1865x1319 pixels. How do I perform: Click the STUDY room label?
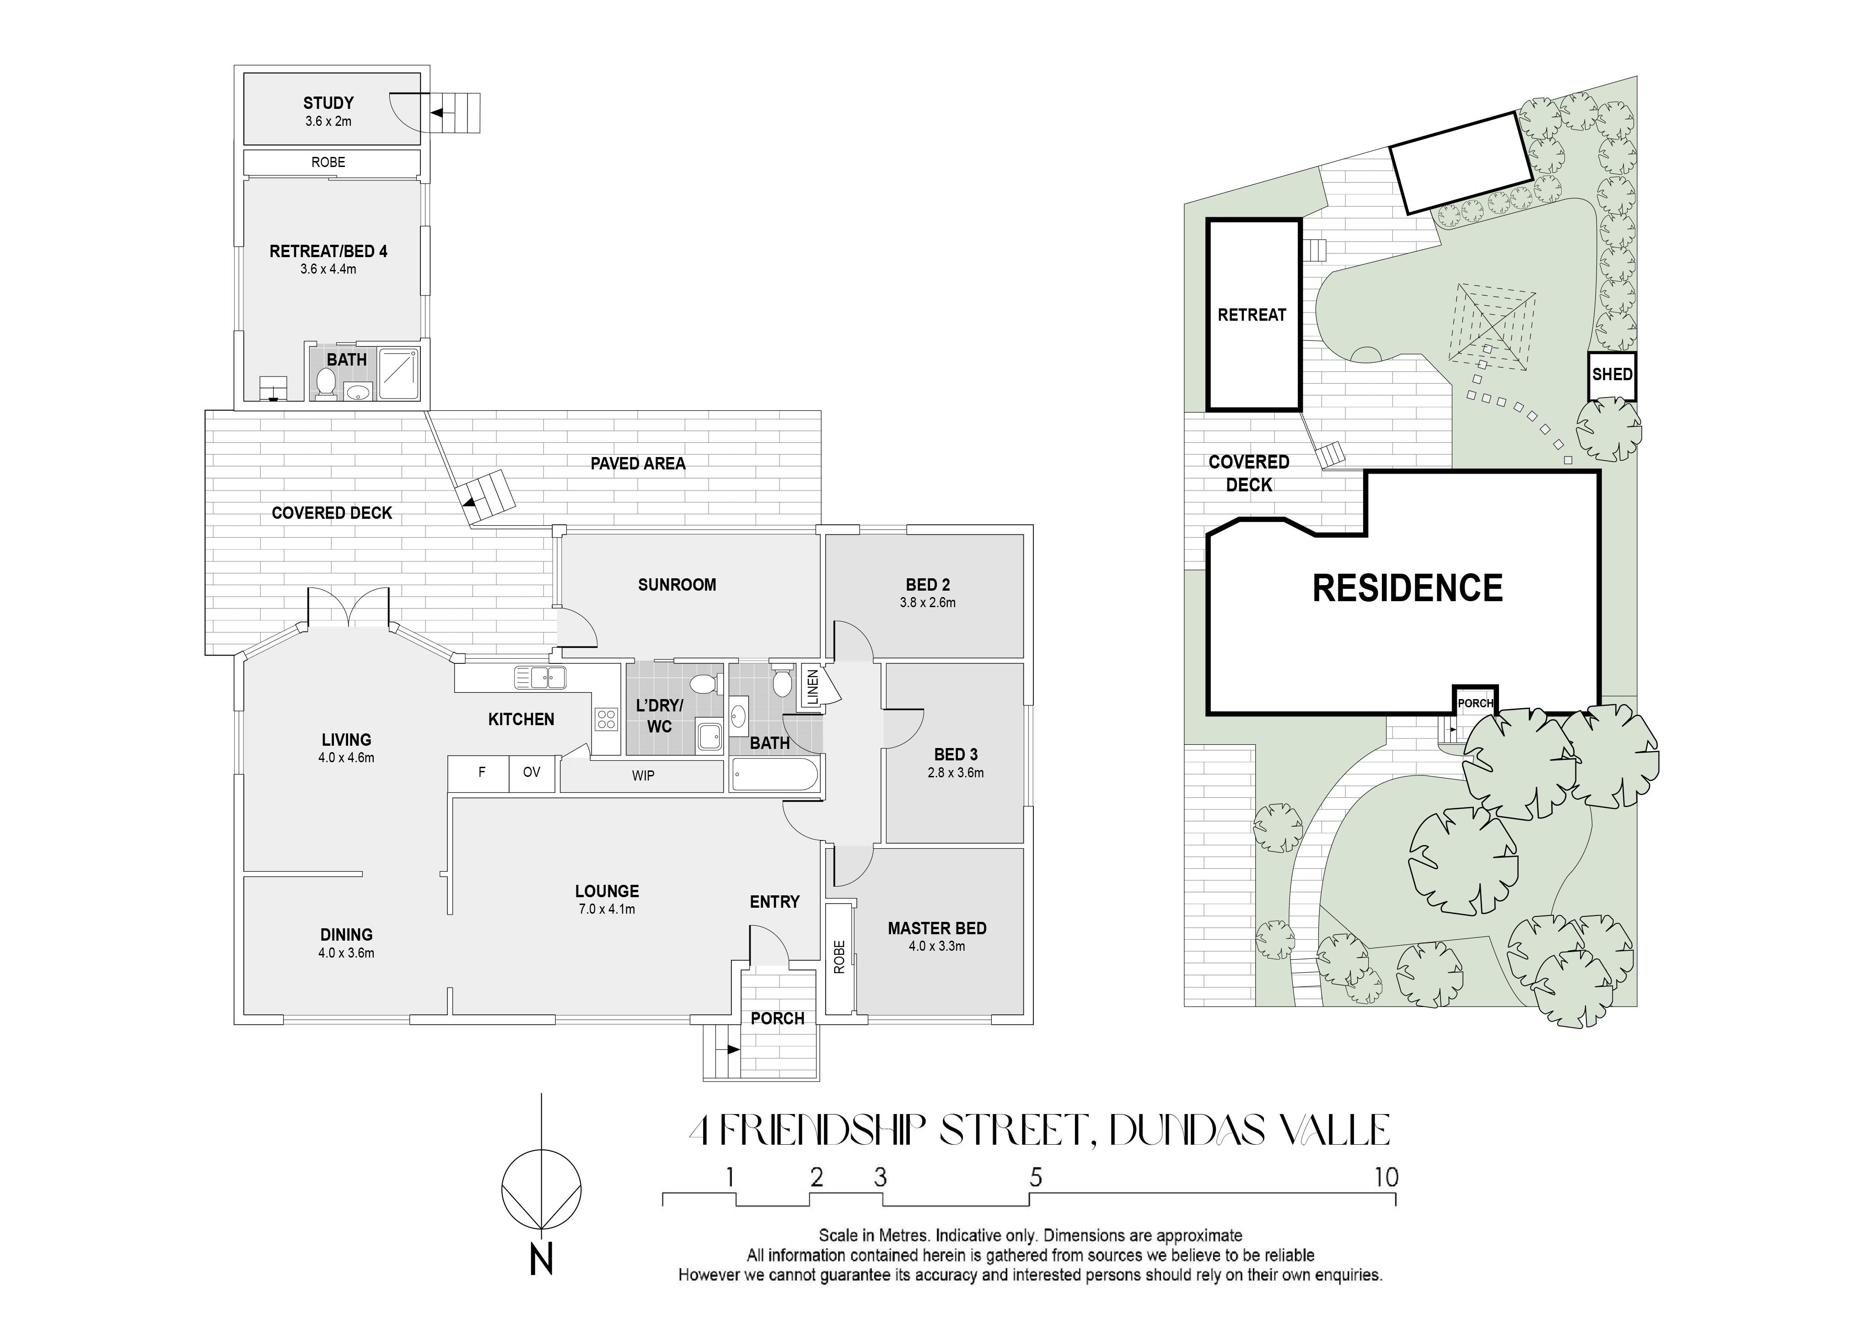tap(328, 103)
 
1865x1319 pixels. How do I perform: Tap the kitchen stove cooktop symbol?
tap(607, 718)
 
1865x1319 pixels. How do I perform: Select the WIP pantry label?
tap(643, 775)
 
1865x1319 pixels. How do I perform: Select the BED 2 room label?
tap(928, 585)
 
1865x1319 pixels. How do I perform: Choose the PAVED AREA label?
tap(638, 464)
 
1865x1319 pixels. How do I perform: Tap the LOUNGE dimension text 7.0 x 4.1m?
tap(607, 909)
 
